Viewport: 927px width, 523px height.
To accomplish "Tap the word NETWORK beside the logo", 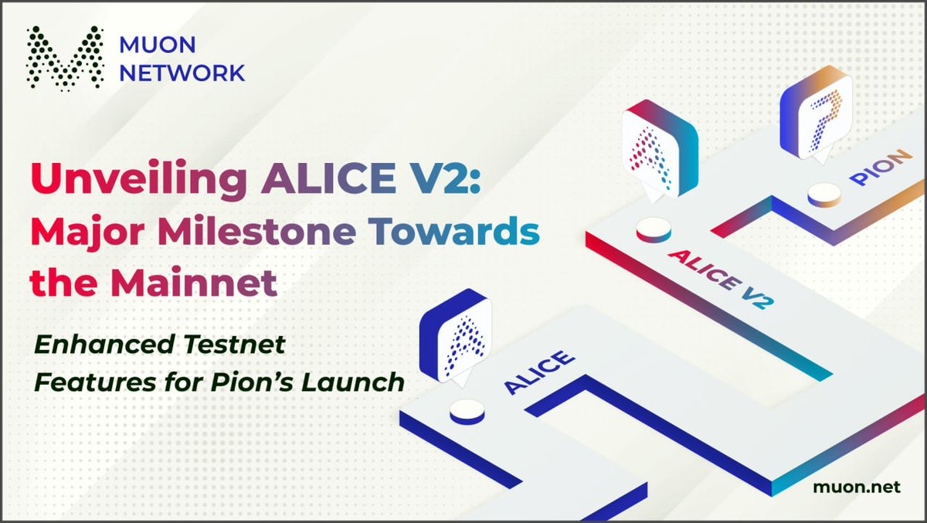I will point(182,73).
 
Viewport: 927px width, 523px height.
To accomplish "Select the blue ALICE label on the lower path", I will point(539,373).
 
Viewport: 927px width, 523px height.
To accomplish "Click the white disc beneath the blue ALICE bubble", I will point(467,411).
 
